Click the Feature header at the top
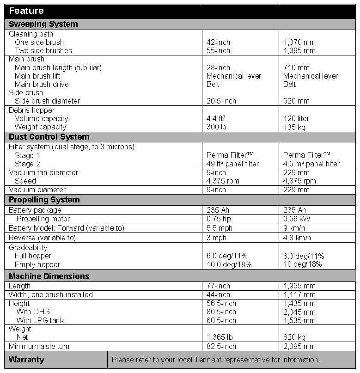click(x=26, y=11)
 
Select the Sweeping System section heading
click(x=43, y=24)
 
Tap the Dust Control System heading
click(x=49, y=137)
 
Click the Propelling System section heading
click(x=44, y=200)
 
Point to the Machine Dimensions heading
click(x=49, y=276)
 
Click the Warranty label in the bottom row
click(x=26, y=360)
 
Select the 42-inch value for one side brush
click(x=218, y=42)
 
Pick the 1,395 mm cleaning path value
click(x=299, y=50)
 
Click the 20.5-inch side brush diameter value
click(x=221, y=101)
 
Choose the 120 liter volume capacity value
click(x=296, y=118)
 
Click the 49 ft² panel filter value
click(x=232, y=164)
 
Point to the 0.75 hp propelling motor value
click(x=217, y=219)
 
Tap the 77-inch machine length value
click(x=218, y=286)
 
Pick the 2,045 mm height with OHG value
click(x=299, y=312)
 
